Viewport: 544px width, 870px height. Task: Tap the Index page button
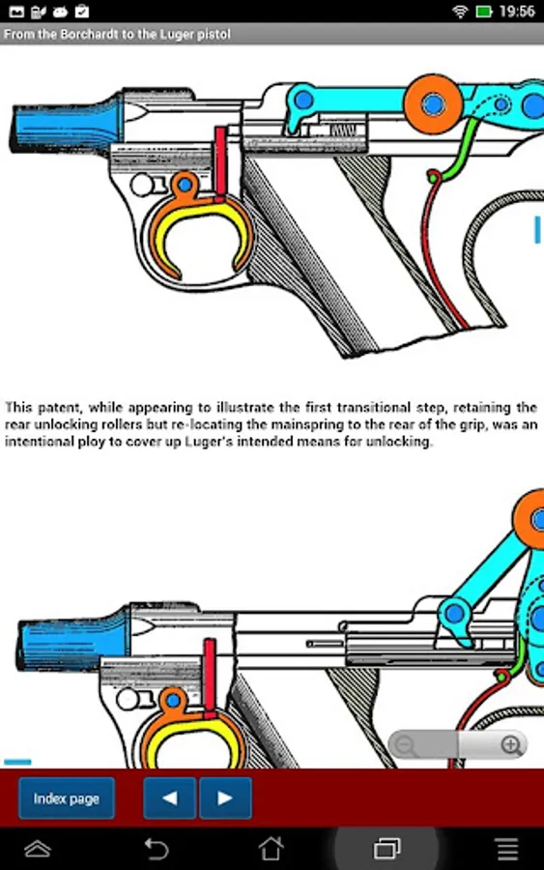[67, 798]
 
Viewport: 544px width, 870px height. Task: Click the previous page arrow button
[170, 798]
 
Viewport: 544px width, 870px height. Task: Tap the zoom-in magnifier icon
[511, 745]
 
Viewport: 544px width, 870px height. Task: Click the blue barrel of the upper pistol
[67, 125]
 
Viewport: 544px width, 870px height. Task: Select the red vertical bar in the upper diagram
[220, 163]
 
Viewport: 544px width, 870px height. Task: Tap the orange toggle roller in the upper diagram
[433, 103]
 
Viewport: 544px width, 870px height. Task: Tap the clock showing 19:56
[517, 12]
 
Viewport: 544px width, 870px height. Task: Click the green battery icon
[483, 12]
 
